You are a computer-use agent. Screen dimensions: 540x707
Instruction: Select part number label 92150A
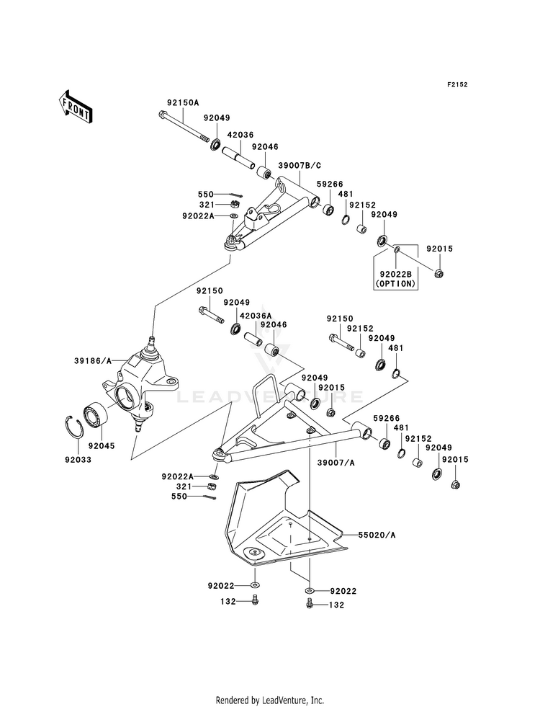pyautogui.click(x=182, y=102)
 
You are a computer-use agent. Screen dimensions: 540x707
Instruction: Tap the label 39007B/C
pyautogui.click(x=300, y=166)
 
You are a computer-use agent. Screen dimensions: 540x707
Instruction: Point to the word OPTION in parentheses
pyautogui.click(x=396, y=284)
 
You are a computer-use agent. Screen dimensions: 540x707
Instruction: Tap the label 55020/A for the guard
pyautogui.click(x=377, y=535)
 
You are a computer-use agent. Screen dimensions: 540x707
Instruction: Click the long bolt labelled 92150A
pyautogui.click(x=184, y=126)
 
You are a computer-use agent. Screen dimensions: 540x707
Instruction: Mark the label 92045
pyautogui.click(x=102, y=446)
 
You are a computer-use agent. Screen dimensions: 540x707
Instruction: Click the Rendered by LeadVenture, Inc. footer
pyautogui.click(x=270, y=701)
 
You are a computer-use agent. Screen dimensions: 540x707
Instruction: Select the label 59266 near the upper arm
pyautogui.click(x=330, y=184)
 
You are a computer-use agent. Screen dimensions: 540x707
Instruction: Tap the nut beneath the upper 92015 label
pyautogui.click(x=440, y=273)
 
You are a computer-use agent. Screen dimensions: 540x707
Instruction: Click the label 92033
pyautogui.click(x=78, y=460)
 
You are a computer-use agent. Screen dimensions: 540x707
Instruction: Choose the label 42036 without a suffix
pyautogui.click(x=240, y=135)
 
